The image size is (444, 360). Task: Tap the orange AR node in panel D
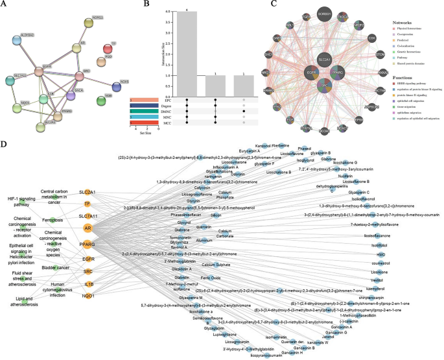pos(87,228)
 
